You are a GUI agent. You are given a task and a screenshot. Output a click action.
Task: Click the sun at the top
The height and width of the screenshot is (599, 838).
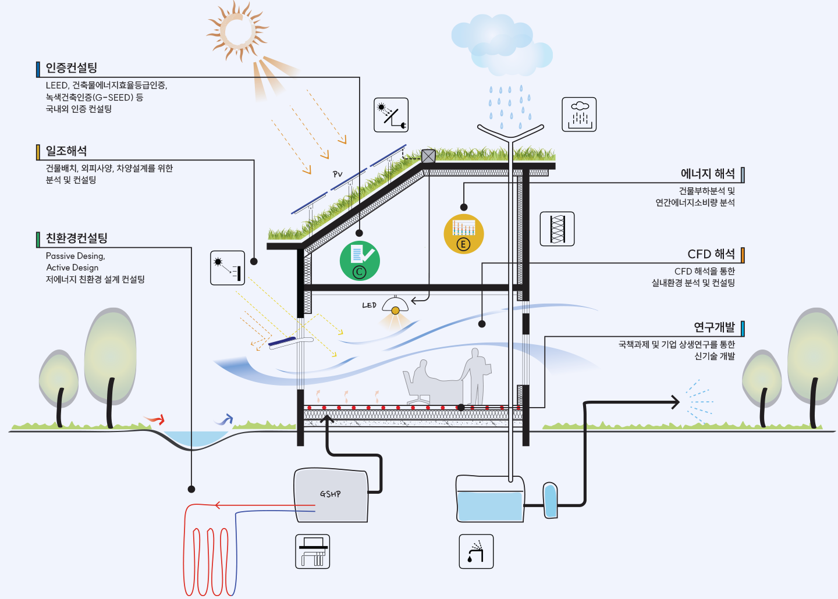(x=237, y=30)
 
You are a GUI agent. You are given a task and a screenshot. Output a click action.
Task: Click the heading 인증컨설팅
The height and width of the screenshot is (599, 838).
(x=72, y=68)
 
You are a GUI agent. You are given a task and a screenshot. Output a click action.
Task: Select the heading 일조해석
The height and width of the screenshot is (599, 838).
(x=66, y=151)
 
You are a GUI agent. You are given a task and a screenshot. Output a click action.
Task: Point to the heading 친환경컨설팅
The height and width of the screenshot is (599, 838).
(x=77, y=238)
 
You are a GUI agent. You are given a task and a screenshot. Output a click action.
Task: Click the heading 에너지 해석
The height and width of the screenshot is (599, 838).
(x=708, y=174)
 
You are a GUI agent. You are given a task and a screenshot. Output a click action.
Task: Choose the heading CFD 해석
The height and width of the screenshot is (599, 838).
(x=711, y=254)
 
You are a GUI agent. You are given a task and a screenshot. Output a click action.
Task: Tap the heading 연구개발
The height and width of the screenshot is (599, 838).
(x=714, y=327)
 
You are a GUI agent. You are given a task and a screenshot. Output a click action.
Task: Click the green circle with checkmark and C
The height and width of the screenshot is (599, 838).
(x=360, y=261)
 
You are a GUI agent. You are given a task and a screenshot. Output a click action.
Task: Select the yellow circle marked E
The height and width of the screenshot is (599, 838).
(x=463, y=234)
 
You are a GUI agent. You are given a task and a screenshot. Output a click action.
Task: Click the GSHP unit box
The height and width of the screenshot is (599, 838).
(x=331, y=495)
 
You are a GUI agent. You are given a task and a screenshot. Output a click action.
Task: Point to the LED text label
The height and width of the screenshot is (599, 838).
(x=369, y=305)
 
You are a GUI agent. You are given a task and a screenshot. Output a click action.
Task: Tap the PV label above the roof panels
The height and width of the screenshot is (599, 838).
(x=338, y=174)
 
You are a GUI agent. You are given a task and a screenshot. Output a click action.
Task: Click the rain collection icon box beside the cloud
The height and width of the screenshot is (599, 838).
(x=579, y=115)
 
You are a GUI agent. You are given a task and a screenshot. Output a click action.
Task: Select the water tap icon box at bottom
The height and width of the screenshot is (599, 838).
(x=476, y=551)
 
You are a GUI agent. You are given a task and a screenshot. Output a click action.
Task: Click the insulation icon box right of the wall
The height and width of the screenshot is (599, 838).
(x=558, y=229)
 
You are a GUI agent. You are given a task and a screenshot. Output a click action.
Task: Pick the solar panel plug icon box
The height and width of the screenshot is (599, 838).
(x=391, y=115)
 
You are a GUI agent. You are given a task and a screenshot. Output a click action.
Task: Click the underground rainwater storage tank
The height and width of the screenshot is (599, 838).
(x=489, y=499)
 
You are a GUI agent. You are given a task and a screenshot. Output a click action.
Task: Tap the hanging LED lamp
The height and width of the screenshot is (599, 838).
(x=395, y=306)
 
